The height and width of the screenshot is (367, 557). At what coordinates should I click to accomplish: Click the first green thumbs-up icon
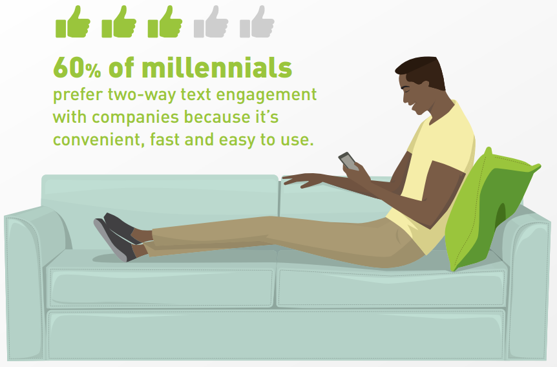pyautogui.click(x=73, y=22)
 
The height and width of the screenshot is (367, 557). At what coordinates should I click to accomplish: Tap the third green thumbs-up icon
pyautogui.click(x=165, y=22)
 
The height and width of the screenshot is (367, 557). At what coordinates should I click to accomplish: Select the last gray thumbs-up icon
pyautogui.click(x=257, y=22)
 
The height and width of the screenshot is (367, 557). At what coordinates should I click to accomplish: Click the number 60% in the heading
pyautogui.click(x=77, y=68)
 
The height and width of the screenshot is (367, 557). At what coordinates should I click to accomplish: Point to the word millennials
pyautogui.click(x=216, y=67)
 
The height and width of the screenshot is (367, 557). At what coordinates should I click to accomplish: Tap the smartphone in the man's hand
pyautogui.click(x=348, y=162)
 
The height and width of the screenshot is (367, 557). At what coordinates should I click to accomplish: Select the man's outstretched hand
pyautogui.click(x=302, y=180)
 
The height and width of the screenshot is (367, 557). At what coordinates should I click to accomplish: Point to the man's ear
pyautogui.click(x=424, y=86)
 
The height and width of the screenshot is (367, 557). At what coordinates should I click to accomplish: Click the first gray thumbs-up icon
pyautogui.click(x=211, y=22)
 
